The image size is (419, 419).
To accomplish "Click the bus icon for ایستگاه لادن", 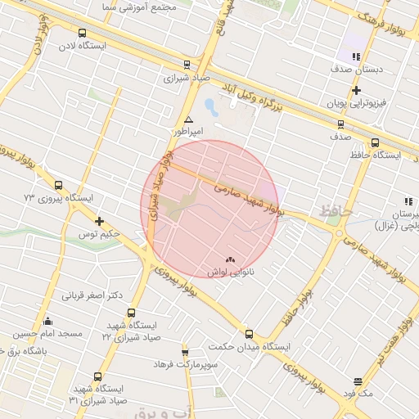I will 81,33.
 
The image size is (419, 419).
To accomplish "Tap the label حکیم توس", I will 100,235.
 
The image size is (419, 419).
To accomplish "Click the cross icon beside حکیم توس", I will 100,222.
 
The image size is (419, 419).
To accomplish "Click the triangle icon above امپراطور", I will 189,119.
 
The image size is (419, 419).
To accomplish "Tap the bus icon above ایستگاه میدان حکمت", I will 250,334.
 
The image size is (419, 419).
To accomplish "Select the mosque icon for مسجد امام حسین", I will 47,321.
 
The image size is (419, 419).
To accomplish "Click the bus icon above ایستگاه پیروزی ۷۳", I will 58,186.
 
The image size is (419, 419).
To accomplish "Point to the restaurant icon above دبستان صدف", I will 356,56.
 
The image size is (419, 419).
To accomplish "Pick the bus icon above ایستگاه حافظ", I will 375,142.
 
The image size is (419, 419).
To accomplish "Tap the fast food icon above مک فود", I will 358,381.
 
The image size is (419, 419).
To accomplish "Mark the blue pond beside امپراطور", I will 211,106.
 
